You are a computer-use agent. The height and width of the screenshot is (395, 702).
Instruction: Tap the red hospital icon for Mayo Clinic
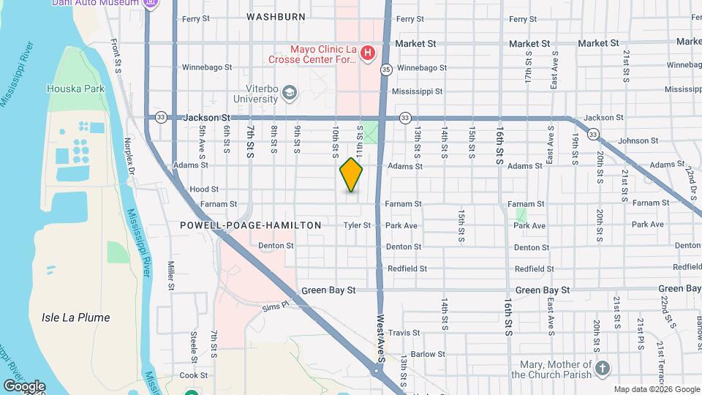368,53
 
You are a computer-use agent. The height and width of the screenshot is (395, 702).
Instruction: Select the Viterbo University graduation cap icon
290,92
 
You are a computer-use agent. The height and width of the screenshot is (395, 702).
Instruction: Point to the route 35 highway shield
385,69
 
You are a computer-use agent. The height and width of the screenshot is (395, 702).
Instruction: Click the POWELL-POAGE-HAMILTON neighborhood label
251,225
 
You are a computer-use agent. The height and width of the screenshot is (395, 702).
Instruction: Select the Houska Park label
76,89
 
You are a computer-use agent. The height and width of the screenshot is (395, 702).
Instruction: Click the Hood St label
204,189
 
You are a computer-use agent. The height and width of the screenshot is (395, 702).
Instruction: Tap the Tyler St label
358,225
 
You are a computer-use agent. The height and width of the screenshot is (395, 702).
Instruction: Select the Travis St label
404,333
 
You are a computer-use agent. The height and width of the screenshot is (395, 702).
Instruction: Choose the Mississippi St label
417,91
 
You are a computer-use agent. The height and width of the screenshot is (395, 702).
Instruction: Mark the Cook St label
194,375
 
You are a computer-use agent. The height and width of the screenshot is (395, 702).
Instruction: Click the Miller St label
170,275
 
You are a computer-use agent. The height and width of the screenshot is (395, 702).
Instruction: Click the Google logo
23,385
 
